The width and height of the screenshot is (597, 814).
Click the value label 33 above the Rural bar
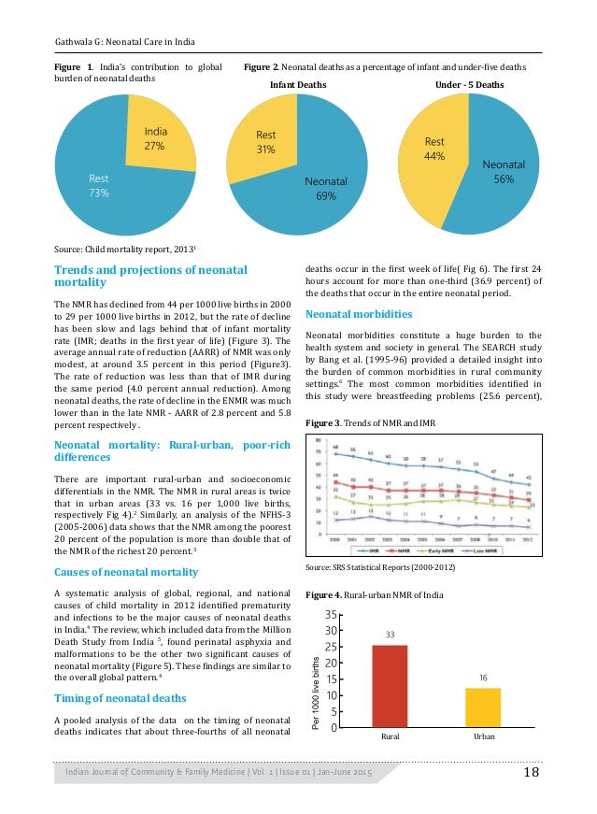click(x=391, y=635)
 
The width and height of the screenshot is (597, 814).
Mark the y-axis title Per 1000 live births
click(x=318, y=693)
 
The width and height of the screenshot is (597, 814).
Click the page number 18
click(x=532, y=772)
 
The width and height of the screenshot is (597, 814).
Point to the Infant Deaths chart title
click(x=298, y=84)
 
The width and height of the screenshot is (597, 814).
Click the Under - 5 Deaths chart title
click(x=469, y=84)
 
